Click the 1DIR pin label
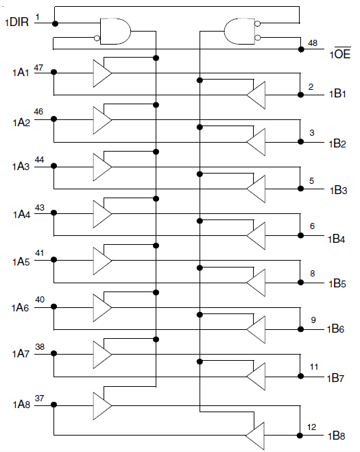point(17,22)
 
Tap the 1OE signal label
point(340,53)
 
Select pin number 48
point(313,43)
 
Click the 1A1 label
point(21,72)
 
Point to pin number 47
point(38,68)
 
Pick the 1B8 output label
point(337,436)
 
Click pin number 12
point(311,427)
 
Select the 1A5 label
point(21,262)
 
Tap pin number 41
point(40,253)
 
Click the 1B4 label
point(337,239)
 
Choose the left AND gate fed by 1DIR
point(115,31)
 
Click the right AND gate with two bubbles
point(239,31)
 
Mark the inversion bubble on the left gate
point(97,38)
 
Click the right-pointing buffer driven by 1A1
point(102,73)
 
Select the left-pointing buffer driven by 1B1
point(256,95)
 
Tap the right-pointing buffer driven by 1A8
point(102,406)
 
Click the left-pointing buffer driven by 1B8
point(255,436)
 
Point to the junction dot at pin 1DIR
point(55,23)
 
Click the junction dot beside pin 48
point(301,49)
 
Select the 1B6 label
point(336,329)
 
